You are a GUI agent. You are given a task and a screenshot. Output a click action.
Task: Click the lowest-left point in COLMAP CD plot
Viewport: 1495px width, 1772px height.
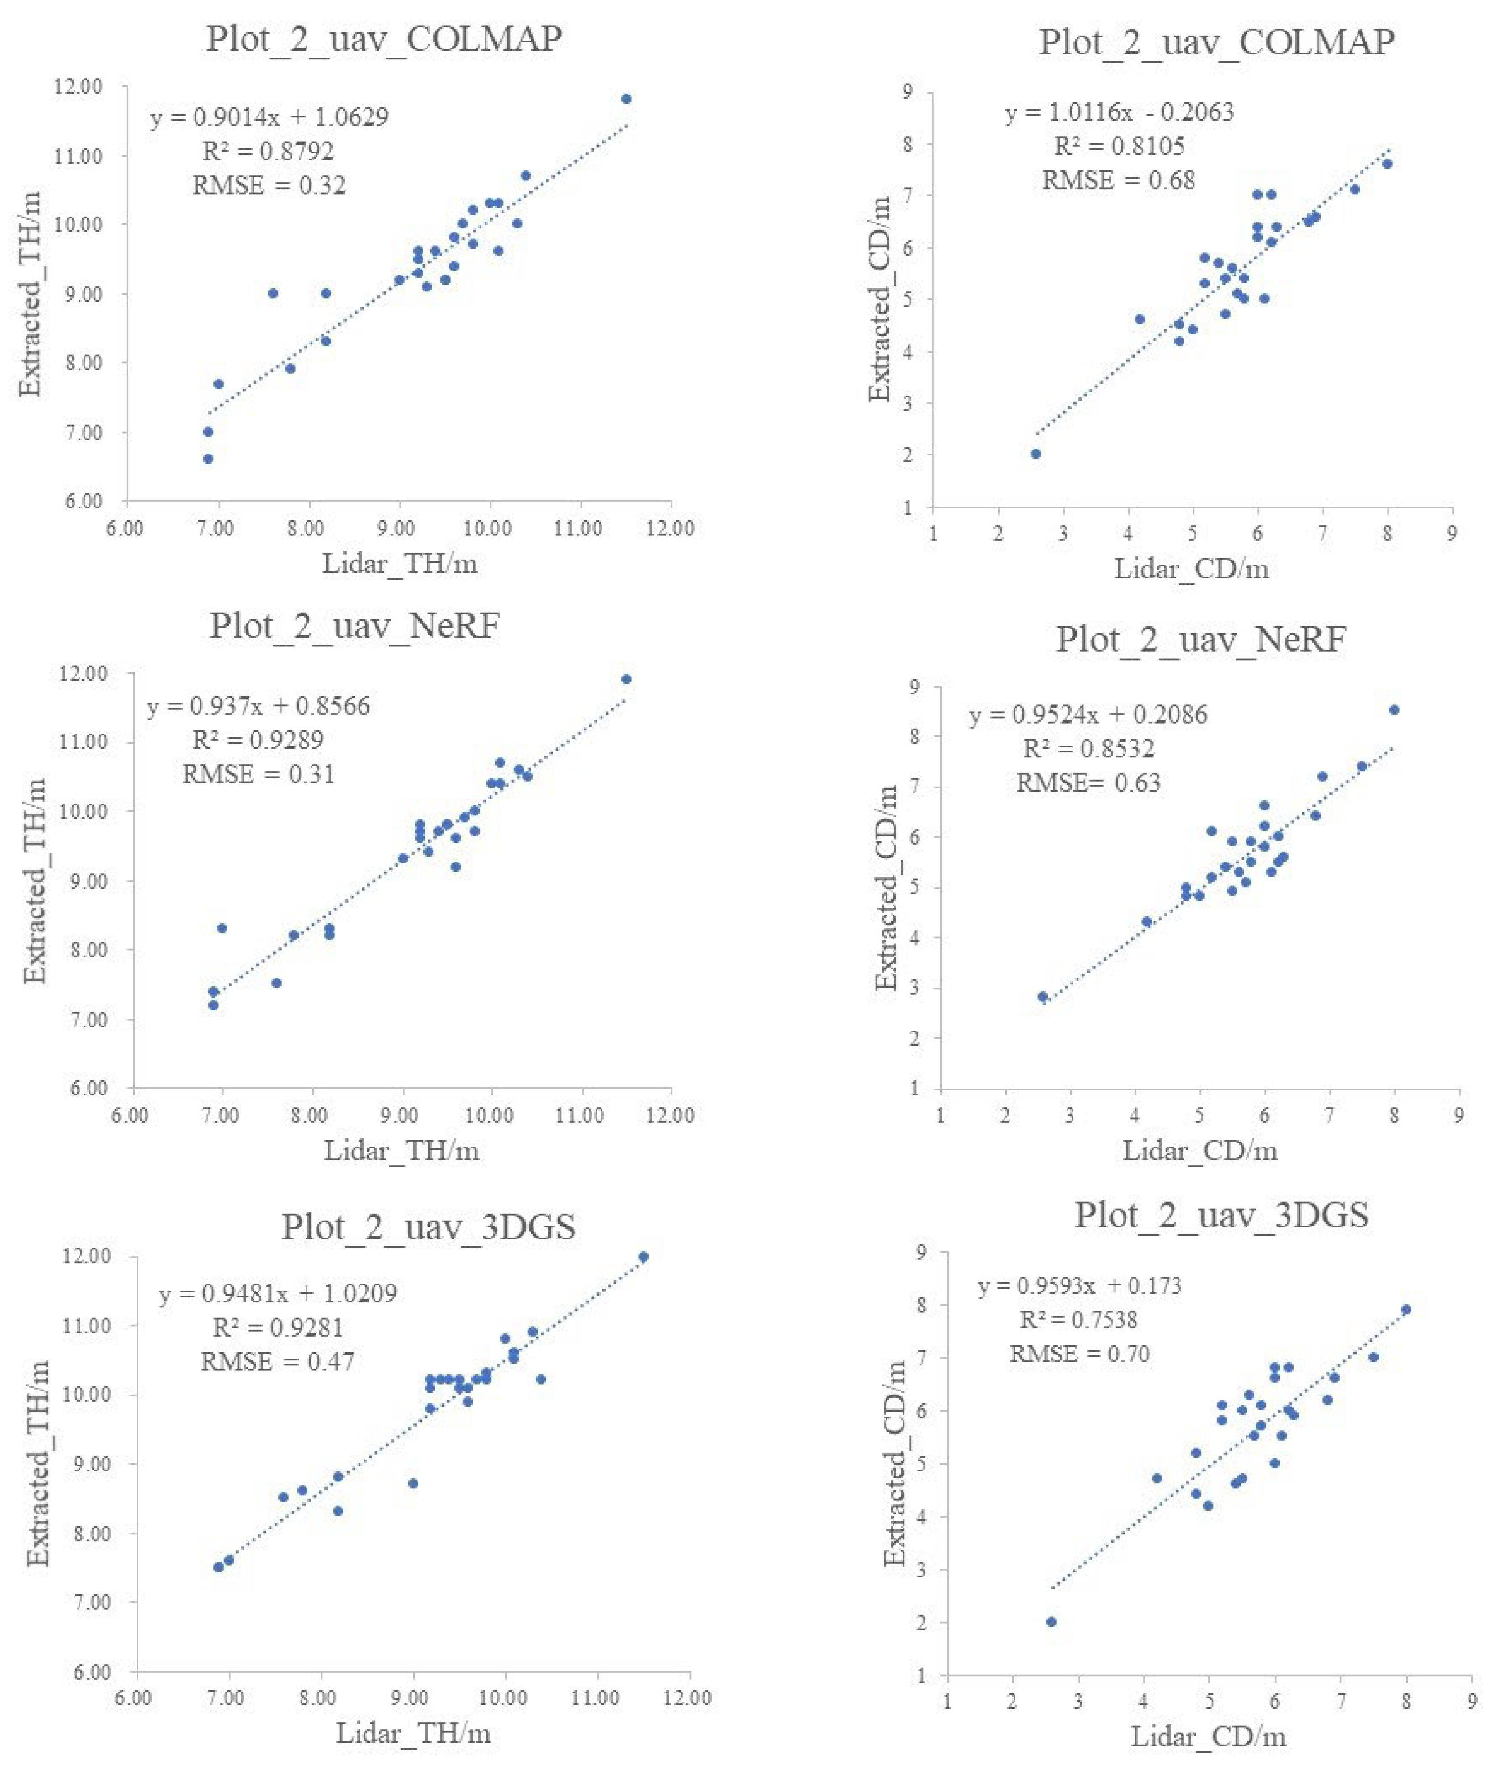[1035, 453]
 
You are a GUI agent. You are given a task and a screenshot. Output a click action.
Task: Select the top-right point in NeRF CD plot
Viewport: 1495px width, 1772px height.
[1393, 709]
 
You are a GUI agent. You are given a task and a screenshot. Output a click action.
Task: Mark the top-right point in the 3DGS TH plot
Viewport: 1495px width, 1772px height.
[643, 1256]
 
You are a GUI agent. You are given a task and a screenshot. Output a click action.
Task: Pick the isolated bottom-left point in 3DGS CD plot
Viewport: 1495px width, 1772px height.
[1051, 1621]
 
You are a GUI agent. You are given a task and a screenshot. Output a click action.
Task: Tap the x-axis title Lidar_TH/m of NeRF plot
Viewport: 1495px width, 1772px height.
[401, 1151]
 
